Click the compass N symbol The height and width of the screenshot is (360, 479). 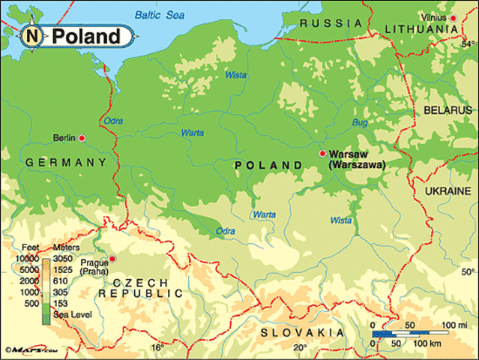[x=31, y=35]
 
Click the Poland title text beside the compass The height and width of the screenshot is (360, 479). [x=85, y=36]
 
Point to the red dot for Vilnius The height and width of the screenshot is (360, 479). [x=453, y=16]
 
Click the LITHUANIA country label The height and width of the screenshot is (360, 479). [x=421, y=29]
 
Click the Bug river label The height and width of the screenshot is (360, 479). [x=359, y=121]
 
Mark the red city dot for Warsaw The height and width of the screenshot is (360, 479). [x=322, y=153]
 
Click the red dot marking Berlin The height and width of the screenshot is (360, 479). [x=82, y=138]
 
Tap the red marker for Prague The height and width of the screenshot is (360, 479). [x=112, y=259]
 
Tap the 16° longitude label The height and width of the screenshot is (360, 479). [x=157, y=347]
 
